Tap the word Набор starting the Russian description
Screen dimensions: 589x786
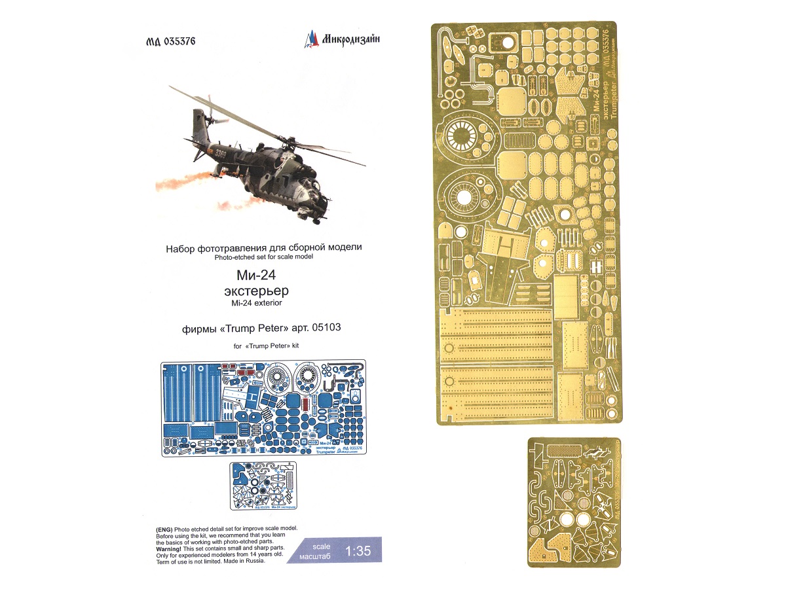(179, 248)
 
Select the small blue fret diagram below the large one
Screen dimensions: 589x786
(263, 486)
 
